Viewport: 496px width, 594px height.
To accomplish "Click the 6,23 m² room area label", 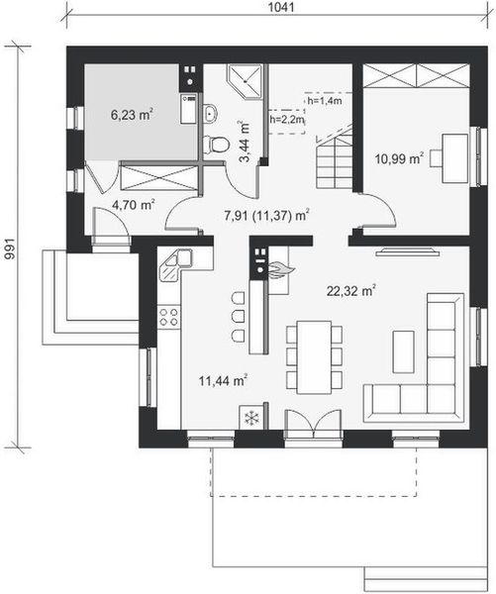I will [132, 114].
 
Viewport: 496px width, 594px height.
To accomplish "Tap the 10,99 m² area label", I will [399, 157].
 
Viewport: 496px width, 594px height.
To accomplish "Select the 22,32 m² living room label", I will [352, 290].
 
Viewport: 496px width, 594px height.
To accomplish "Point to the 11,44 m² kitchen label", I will [223, 378].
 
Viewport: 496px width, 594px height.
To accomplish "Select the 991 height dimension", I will [10, 247].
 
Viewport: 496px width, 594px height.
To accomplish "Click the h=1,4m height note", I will [324, 101].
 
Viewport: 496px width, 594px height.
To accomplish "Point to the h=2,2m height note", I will [286, 120].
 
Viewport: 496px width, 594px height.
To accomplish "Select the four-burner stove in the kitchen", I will [168, 319].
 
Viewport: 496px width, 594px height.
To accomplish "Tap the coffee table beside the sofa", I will [403, 350].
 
